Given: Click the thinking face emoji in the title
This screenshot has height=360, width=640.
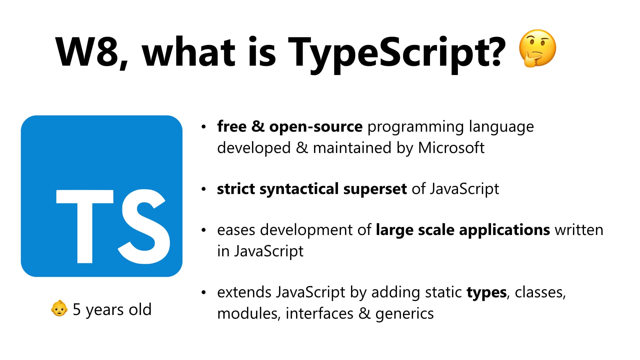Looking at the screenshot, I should click(537, 49).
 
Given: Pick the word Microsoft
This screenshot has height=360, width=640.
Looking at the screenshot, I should click(451, 148).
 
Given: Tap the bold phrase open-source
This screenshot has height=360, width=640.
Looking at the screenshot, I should click(316, 127).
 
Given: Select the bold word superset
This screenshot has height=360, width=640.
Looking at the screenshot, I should click(375, 189).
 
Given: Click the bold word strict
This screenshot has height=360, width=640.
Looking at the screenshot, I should click(236, 189).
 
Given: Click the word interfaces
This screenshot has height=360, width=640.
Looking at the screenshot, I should click(319, 313).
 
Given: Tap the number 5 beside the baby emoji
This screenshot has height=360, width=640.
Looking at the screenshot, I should click(77, 309).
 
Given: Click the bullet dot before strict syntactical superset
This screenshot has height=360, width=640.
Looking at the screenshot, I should click(204, 189).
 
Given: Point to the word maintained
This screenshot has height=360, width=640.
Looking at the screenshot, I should click(352, 148).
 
